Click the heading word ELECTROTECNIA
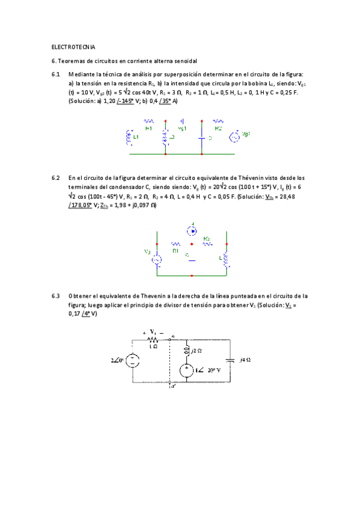pos(73,47)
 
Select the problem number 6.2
pos(56,178)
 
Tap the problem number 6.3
pos(56,296)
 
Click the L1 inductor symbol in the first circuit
pos(129,138)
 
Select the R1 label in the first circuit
pos(149,129)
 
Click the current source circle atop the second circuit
pos(192,229)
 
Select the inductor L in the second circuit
pos(227,259)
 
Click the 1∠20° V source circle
pos(186,371)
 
